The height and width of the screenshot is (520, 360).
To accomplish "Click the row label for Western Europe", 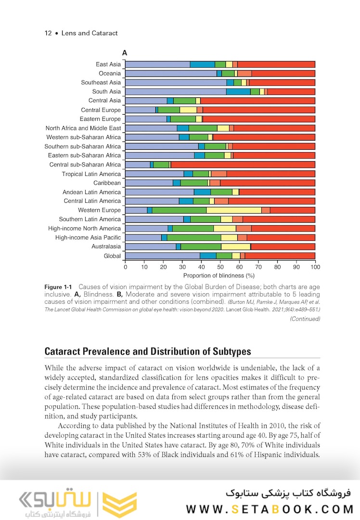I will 99,210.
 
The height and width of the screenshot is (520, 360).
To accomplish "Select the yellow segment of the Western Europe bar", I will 234,210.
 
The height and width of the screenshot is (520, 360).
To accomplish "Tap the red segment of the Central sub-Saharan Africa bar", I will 243,165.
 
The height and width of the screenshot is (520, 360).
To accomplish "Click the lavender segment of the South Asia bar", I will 176,91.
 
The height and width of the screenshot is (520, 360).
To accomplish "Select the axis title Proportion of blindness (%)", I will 219,275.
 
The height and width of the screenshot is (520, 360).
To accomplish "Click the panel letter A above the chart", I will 125,53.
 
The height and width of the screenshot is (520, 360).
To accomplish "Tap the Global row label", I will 112,256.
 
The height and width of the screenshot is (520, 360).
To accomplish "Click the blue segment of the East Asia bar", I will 202,65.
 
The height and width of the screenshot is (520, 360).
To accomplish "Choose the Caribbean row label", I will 107,183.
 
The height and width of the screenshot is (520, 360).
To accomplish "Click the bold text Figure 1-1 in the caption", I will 58,287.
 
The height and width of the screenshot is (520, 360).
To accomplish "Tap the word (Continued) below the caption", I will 305,319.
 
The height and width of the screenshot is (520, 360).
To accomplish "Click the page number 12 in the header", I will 48,33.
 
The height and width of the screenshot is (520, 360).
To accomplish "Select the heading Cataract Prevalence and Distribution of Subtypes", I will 148,351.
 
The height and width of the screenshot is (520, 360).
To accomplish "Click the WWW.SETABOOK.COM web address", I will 270,508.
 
